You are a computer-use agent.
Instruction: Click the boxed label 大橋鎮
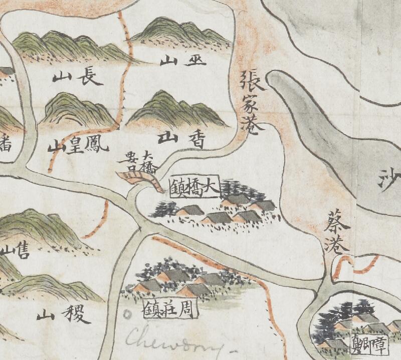[194, 188]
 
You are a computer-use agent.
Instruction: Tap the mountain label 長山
[78, 78]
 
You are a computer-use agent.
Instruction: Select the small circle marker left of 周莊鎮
[127, 314]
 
